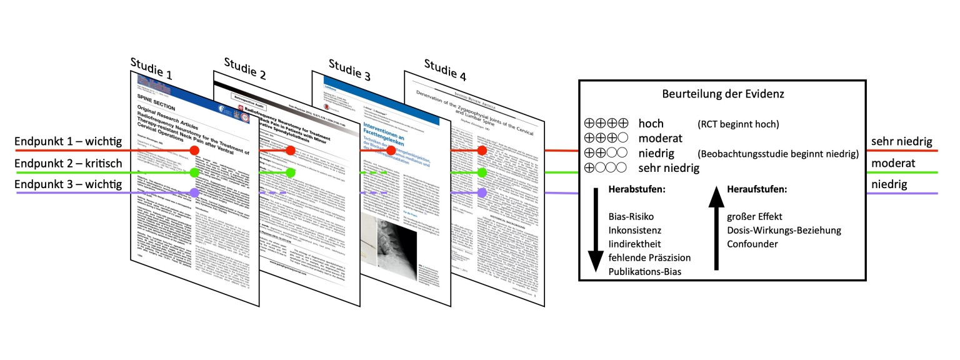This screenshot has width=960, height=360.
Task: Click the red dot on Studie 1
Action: click(x=194, y=151)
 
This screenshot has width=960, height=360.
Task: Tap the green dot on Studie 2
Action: click(x=290, y=172)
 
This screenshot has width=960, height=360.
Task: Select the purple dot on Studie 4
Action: click(x=482, y=193)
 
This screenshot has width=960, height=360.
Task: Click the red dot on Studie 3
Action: click(x=391, y=151)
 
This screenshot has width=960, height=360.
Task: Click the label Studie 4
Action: click(x=445, y=70)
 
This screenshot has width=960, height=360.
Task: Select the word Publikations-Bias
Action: click(x=645, y=271)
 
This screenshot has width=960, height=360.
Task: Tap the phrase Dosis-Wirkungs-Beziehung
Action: click(x=784, y=230)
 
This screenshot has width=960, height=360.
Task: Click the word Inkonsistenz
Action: click(x=635, y=230)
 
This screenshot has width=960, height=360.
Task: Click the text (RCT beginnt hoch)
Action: click(x=737, y=124)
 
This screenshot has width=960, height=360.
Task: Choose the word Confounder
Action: click(x=752, y=244)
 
